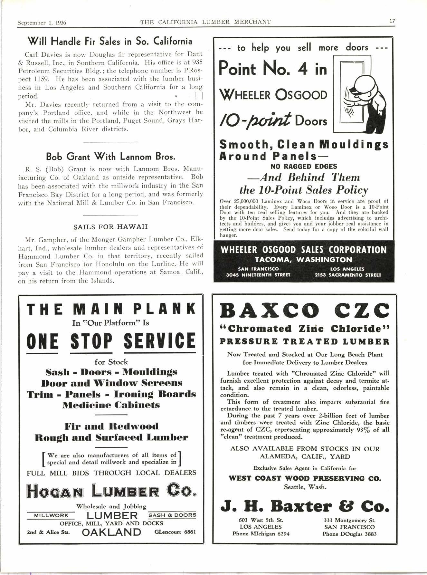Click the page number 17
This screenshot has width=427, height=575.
tap(392, 21)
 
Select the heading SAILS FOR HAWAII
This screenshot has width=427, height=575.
tap(110, 227)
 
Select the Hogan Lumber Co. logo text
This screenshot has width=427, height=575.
tap(111, 490)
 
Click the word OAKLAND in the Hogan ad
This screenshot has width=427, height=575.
tap(111, 532)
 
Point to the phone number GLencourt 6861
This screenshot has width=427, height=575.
tap(175, 532)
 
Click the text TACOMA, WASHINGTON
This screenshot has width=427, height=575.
tap(303, 260)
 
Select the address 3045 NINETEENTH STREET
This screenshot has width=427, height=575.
tap(258, 275)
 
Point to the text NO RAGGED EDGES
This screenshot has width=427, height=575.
tap(303, 166)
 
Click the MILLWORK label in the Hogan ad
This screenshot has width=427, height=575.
tap(51, 515)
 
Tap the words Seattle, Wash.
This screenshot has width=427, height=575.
tap(305, 487)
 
